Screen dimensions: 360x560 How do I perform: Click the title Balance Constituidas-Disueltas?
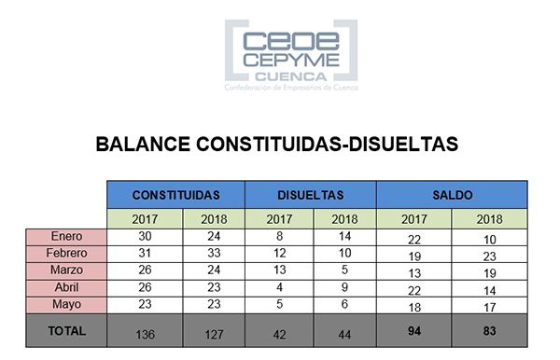[x=277, y=145]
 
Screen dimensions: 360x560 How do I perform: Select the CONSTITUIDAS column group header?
[x=175, y=195]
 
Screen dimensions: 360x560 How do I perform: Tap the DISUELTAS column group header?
[x=310, y=195]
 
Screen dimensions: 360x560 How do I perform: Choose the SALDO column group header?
[x=452, y=195]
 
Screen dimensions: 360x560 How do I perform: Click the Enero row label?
[x=66, y=237]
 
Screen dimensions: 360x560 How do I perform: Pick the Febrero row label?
[x=66, y=254]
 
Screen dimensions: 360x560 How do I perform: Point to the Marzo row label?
[x=66, y=270]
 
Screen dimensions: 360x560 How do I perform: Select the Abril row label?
[x=66, y=287]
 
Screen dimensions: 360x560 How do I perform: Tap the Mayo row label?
[x=66, y=304]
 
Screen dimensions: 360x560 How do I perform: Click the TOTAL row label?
[x=66, y=330]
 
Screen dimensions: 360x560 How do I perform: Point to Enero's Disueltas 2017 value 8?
[x=277, y=237]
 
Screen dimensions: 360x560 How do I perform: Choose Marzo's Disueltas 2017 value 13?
[x=277, y=270]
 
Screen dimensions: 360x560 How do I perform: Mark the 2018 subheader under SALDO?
[x=488, y=219]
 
